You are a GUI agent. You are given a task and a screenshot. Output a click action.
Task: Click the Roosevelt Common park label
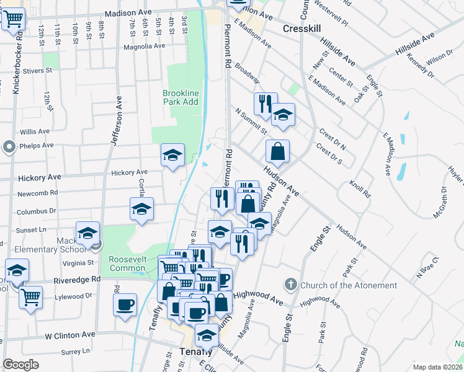pyautogui.click(x=127, y=263)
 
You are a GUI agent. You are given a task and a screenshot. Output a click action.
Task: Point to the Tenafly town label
pyautogui.click(x=196, y=351)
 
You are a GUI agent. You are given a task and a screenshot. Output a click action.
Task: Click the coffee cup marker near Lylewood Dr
pyautogui.click(x=126, y=304)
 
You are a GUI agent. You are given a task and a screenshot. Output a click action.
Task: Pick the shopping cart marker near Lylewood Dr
pyautogui.click(x=30, y=297)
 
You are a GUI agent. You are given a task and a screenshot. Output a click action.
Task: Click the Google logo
pyautogui.click(x=20, y=364)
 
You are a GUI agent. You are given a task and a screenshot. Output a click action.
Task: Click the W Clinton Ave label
pyautogui.click(x=69, y=334)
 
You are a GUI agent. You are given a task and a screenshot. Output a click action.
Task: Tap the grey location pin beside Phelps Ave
pyautogui.click(x=9, y=147)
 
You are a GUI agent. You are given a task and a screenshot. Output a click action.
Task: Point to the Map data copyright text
pyautogui.click(x=438, y=367)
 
